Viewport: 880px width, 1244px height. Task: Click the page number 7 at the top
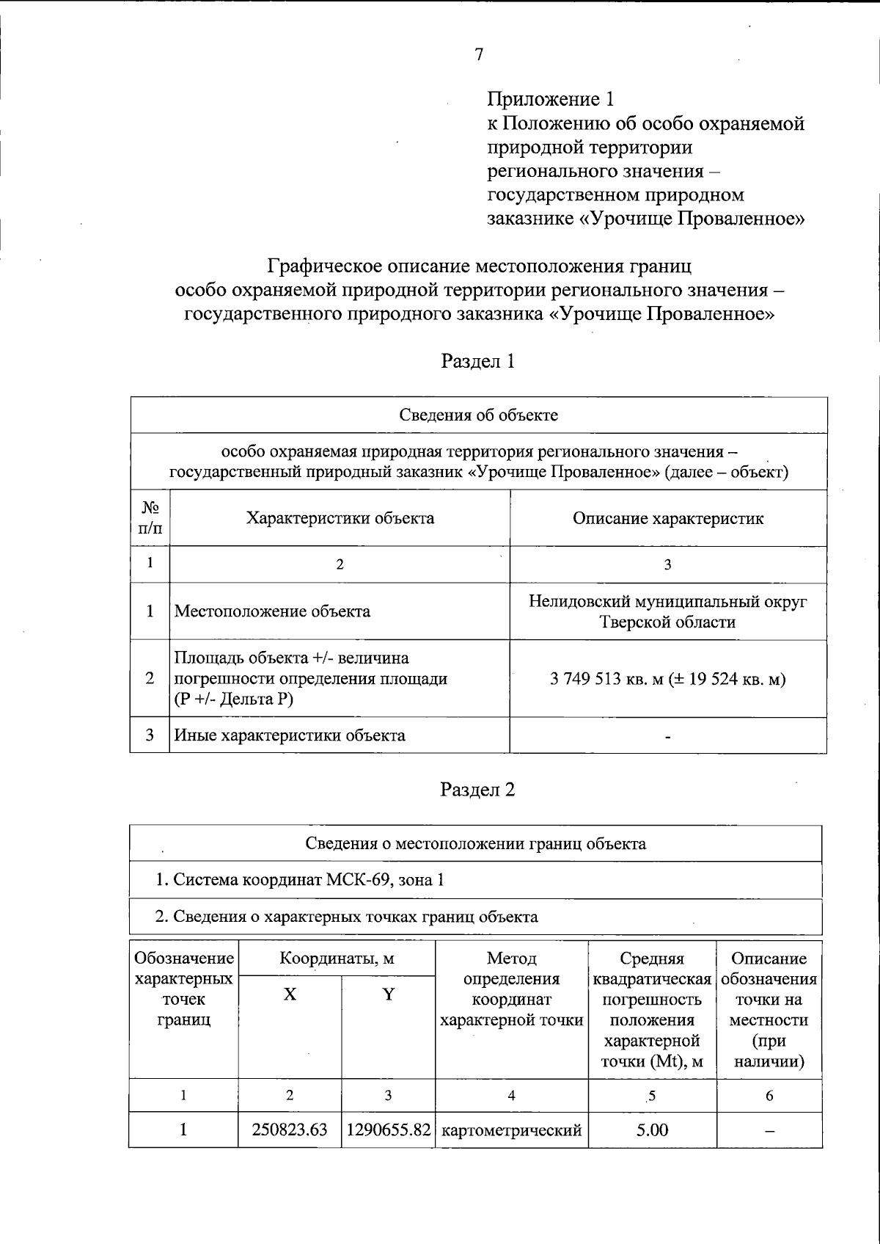(x=478, y=55)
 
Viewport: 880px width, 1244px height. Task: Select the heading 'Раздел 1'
(x=477, y=361)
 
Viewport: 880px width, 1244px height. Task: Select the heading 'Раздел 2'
(x=477, y=790)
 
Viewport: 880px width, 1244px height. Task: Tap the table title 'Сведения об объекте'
(x=478, y=415)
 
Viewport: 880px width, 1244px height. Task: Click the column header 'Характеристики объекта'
(x=340, y=518)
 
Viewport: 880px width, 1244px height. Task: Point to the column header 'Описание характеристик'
(x=667, y=518)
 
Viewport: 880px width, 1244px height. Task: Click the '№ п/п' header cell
(x=150, y=517)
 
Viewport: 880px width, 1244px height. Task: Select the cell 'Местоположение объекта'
(x=271, y=611)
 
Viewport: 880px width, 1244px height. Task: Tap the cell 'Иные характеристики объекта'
(x=289, y=735)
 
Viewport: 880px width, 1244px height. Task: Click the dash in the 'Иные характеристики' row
(x=667, y=736)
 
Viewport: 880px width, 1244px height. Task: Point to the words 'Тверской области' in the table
(x=667, y=622)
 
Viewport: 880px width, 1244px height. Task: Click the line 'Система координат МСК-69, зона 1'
(x=301, y=880)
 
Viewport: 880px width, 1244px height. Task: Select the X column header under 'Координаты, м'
(x=290, y=994)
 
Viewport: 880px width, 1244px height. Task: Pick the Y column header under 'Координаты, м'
(x=388, y=994)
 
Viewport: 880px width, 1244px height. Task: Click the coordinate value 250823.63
(x=290, y=1130)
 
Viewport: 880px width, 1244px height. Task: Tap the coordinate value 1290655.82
(x=388, y=1130)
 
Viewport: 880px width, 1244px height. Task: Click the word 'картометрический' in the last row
(x=512, y=1130)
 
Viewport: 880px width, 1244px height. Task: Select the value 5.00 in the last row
(x=651, y=1130)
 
